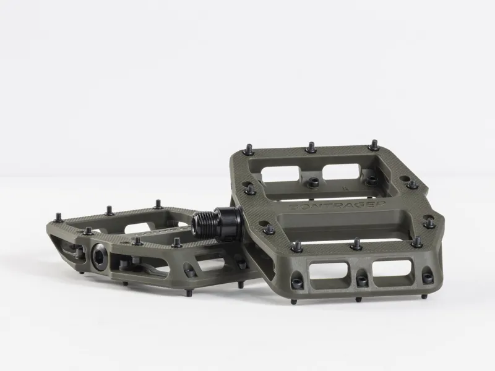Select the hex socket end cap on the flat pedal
[x=99, y=254]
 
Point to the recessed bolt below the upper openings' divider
[x=314, y=182]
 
